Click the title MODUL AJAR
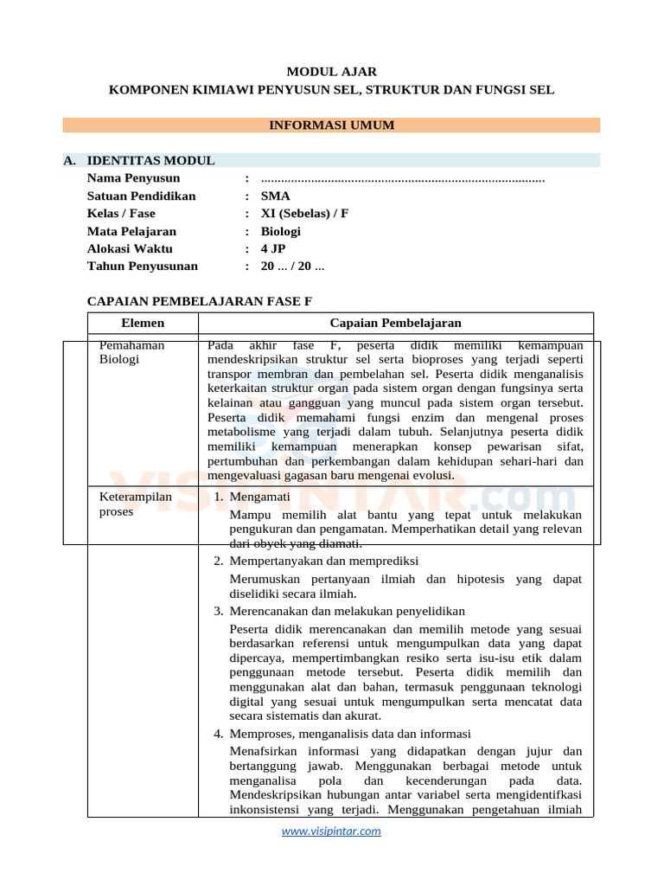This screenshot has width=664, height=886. (x=331, y=72)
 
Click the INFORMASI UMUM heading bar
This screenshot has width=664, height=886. (x=331, y=125)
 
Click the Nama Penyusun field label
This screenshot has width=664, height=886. (x=133, y=178)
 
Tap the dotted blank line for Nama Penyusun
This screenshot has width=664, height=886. (x=402, y=179)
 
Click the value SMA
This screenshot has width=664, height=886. (x=275, y=196)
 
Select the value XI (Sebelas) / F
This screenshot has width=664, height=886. (x=304, y=214)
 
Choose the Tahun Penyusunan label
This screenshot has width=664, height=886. (x=142, y=266)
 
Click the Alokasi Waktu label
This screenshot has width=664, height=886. (x=130, y=249)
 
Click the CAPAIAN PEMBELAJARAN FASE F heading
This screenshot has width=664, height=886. (x=199, y=301)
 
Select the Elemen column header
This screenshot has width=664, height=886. (x=143, y=323)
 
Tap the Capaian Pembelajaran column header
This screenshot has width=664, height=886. (x=395, y=323)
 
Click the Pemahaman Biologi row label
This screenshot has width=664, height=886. (x=132, y=352)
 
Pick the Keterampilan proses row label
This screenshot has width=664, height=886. (x=137, y=504)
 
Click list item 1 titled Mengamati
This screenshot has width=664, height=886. (x=259, y=497)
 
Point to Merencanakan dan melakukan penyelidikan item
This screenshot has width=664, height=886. (x=347, y=611)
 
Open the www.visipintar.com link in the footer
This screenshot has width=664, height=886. (x=331, y=831)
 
